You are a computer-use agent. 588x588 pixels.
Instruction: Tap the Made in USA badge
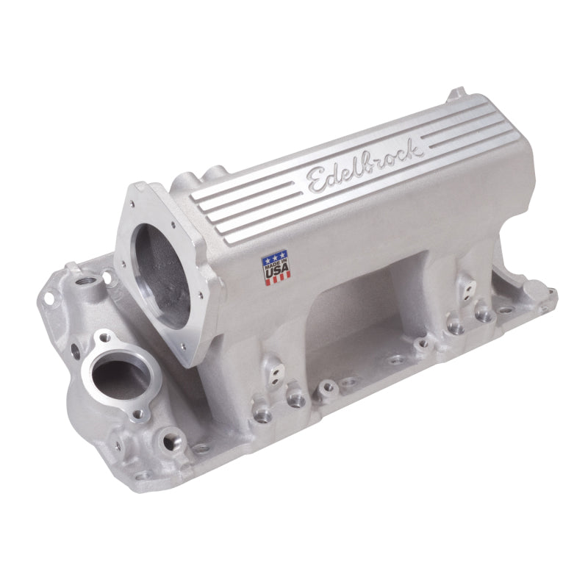[276, 267]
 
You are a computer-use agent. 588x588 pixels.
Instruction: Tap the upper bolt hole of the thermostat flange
[104, 337]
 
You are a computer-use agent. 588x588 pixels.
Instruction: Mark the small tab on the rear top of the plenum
[457, 93]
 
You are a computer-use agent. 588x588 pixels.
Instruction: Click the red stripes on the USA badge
[276, 278]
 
